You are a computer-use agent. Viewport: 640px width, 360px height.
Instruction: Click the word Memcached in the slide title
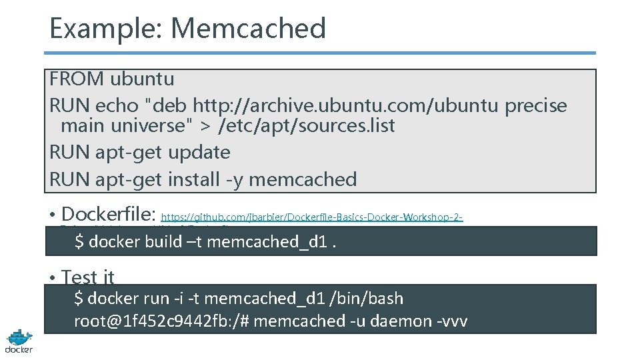pos(249,29)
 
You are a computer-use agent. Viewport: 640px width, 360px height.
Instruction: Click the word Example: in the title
pos(107,29)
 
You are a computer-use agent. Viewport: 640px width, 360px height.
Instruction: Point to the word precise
pos(536,106)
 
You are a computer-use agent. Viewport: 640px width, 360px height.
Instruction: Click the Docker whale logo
pos(19,340)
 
